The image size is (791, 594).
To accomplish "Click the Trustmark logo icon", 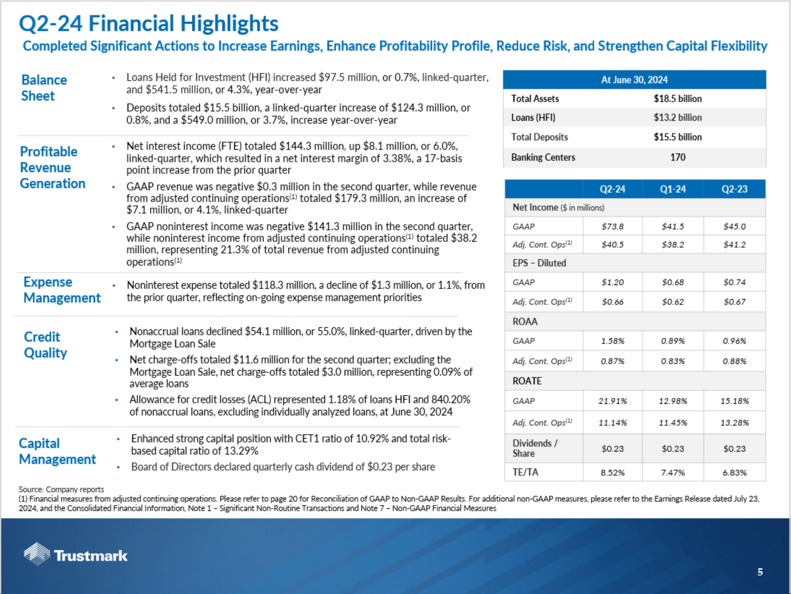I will click(x=37, y=554).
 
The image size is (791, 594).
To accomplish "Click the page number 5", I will click(x=760, y=572).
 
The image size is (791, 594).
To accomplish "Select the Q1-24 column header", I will click(x=673, y=189).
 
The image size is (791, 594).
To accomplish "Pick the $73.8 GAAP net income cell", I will click(x=612, y=226).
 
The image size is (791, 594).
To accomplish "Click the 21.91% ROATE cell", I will click(x=612, y=401).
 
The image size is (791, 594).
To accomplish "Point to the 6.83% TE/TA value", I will click(x=735, y=473).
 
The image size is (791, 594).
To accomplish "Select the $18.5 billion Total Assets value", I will click(x=678, y=99).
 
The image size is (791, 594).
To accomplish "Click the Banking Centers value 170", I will click(x=678, y=157).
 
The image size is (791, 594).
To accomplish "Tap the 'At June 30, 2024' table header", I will click(x=634, y=80).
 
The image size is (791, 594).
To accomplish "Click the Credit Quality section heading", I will click(x=45, y=345).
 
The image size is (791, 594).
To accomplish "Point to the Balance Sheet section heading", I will click(x=44, y=88).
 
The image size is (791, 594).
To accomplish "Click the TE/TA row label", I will click(x=525, y=472).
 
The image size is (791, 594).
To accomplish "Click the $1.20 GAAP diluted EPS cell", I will click(x=612, y=282).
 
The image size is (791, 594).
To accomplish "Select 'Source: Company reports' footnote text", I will click(x=61, y=489).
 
